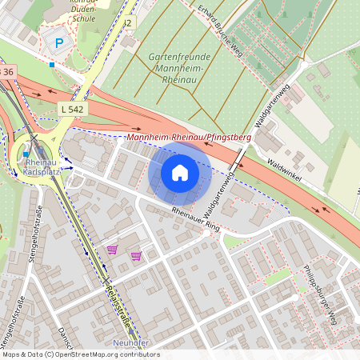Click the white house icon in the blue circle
(180, 172)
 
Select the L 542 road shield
(73, 107)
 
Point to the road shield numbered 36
(7, 73)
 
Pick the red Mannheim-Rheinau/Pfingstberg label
(189, 138)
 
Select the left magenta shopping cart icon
(112, 250)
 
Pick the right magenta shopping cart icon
(136, 256)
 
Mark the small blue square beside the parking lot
(52, 64)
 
